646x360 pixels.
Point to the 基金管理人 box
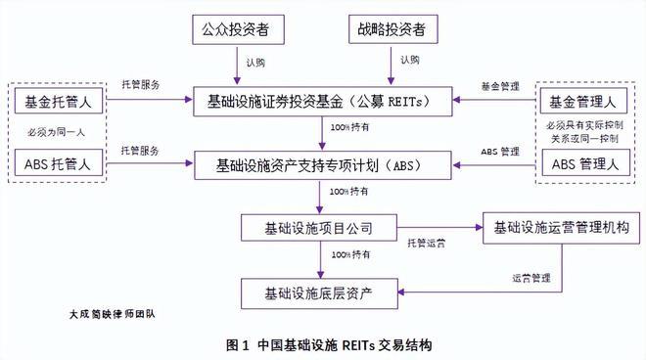pos(583,101)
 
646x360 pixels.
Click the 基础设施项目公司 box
pos(319,229)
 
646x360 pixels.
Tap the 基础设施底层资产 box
pos(319,291)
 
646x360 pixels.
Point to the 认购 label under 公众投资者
pos(256,63)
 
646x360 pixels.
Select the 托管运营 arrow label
pos(423,241)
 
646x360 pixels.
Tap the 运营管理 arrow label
pos(529,278)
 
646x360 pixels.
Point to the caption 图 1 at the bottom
pos(239,345)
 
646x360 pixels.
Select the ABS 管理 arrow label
pos(500,153)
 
